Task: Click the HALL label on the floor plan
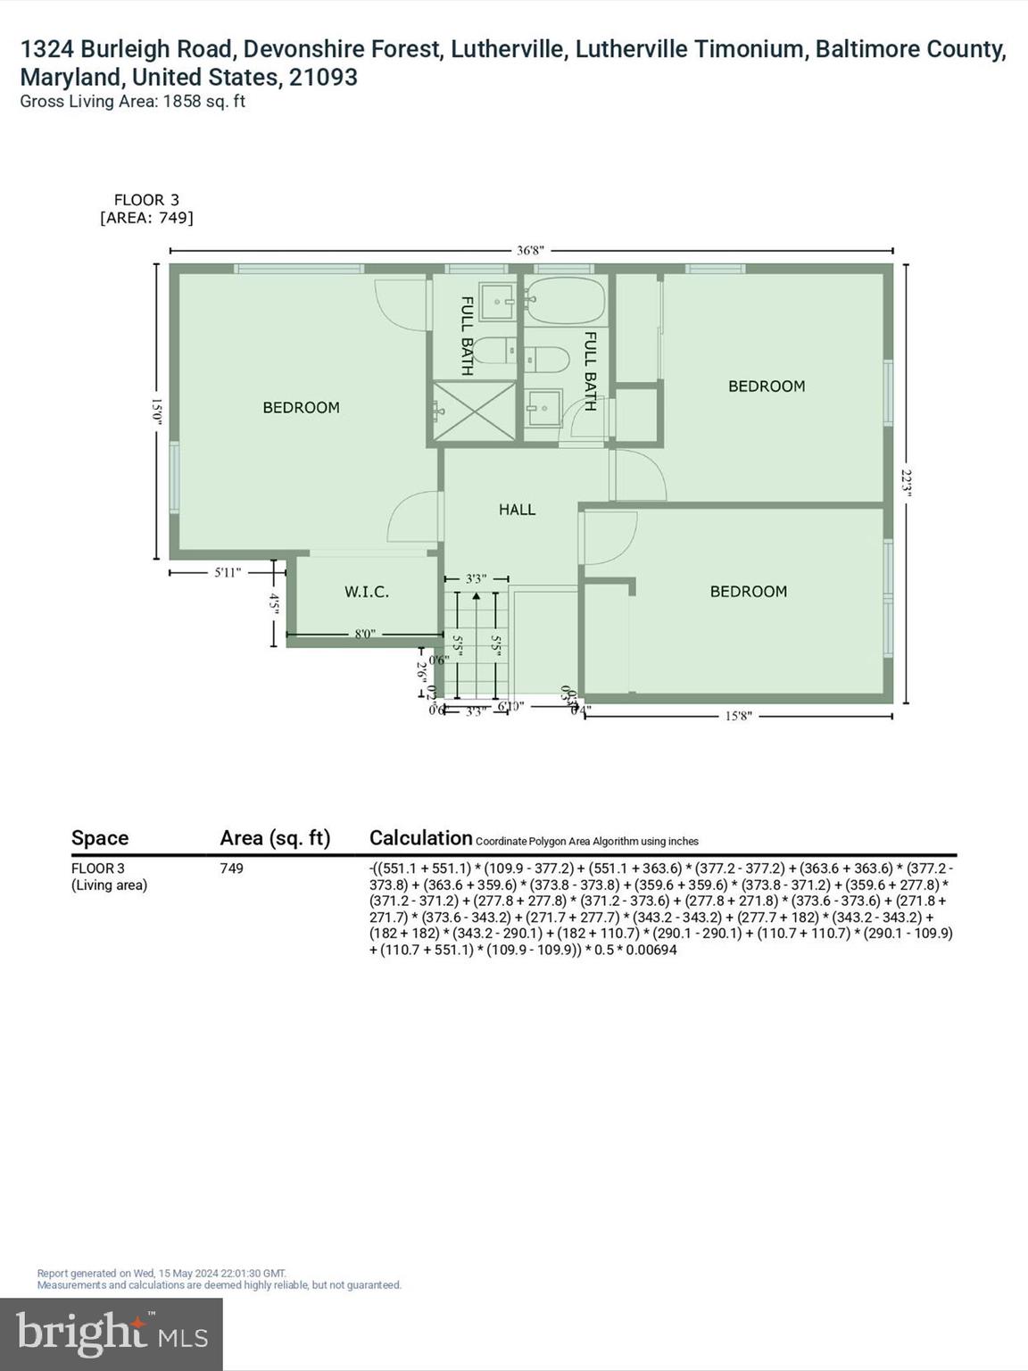(x=517, y=510)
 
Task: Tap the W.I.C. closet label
(x=367, y=592)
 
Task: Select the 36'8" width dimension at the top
(x=530, y=251)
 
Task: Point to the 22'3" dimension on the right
(x=907, y=484)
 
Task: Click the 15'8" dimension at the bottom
(x=738, y=716)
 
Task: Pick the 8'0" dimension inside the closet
(x=365, y=635)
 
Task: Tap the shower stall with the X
(x=475, y=411)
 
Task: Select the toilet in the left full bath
(x=494, y=352)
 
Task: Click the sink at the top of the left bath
(x=496, y=302)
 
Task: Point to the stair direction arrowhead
(x=476, y=594)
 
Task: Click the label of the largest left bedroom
(x=301, y=408)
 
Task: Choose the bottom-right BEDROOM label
(x=748, y=592)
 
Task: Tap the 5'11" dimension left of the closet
(x=228, y=572)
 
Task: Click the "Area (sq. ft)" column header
(x=275, y=838)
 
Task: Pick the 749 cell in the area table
(x=231, y=868)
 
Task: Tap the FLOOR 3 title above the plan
(x=146, y=200)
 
